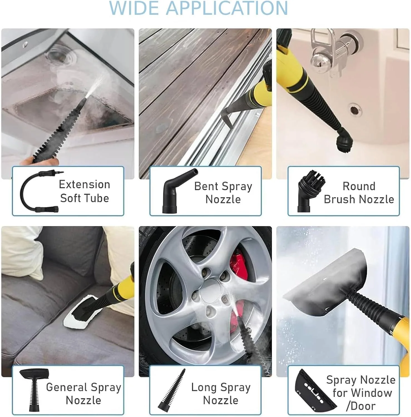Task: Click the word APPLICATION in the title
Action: (x=227, y=8)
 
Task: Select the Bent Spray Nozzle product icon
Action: (x=179, y=191)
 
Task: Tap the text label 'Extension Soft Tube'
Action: (x=85, y=191)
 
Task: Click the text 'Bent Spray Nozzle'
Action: (x=223, y=193)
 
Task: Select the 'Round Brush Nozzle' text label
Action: (x=359, y=193)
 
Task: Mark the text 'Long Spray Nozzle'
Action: (x=221, y=394)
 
